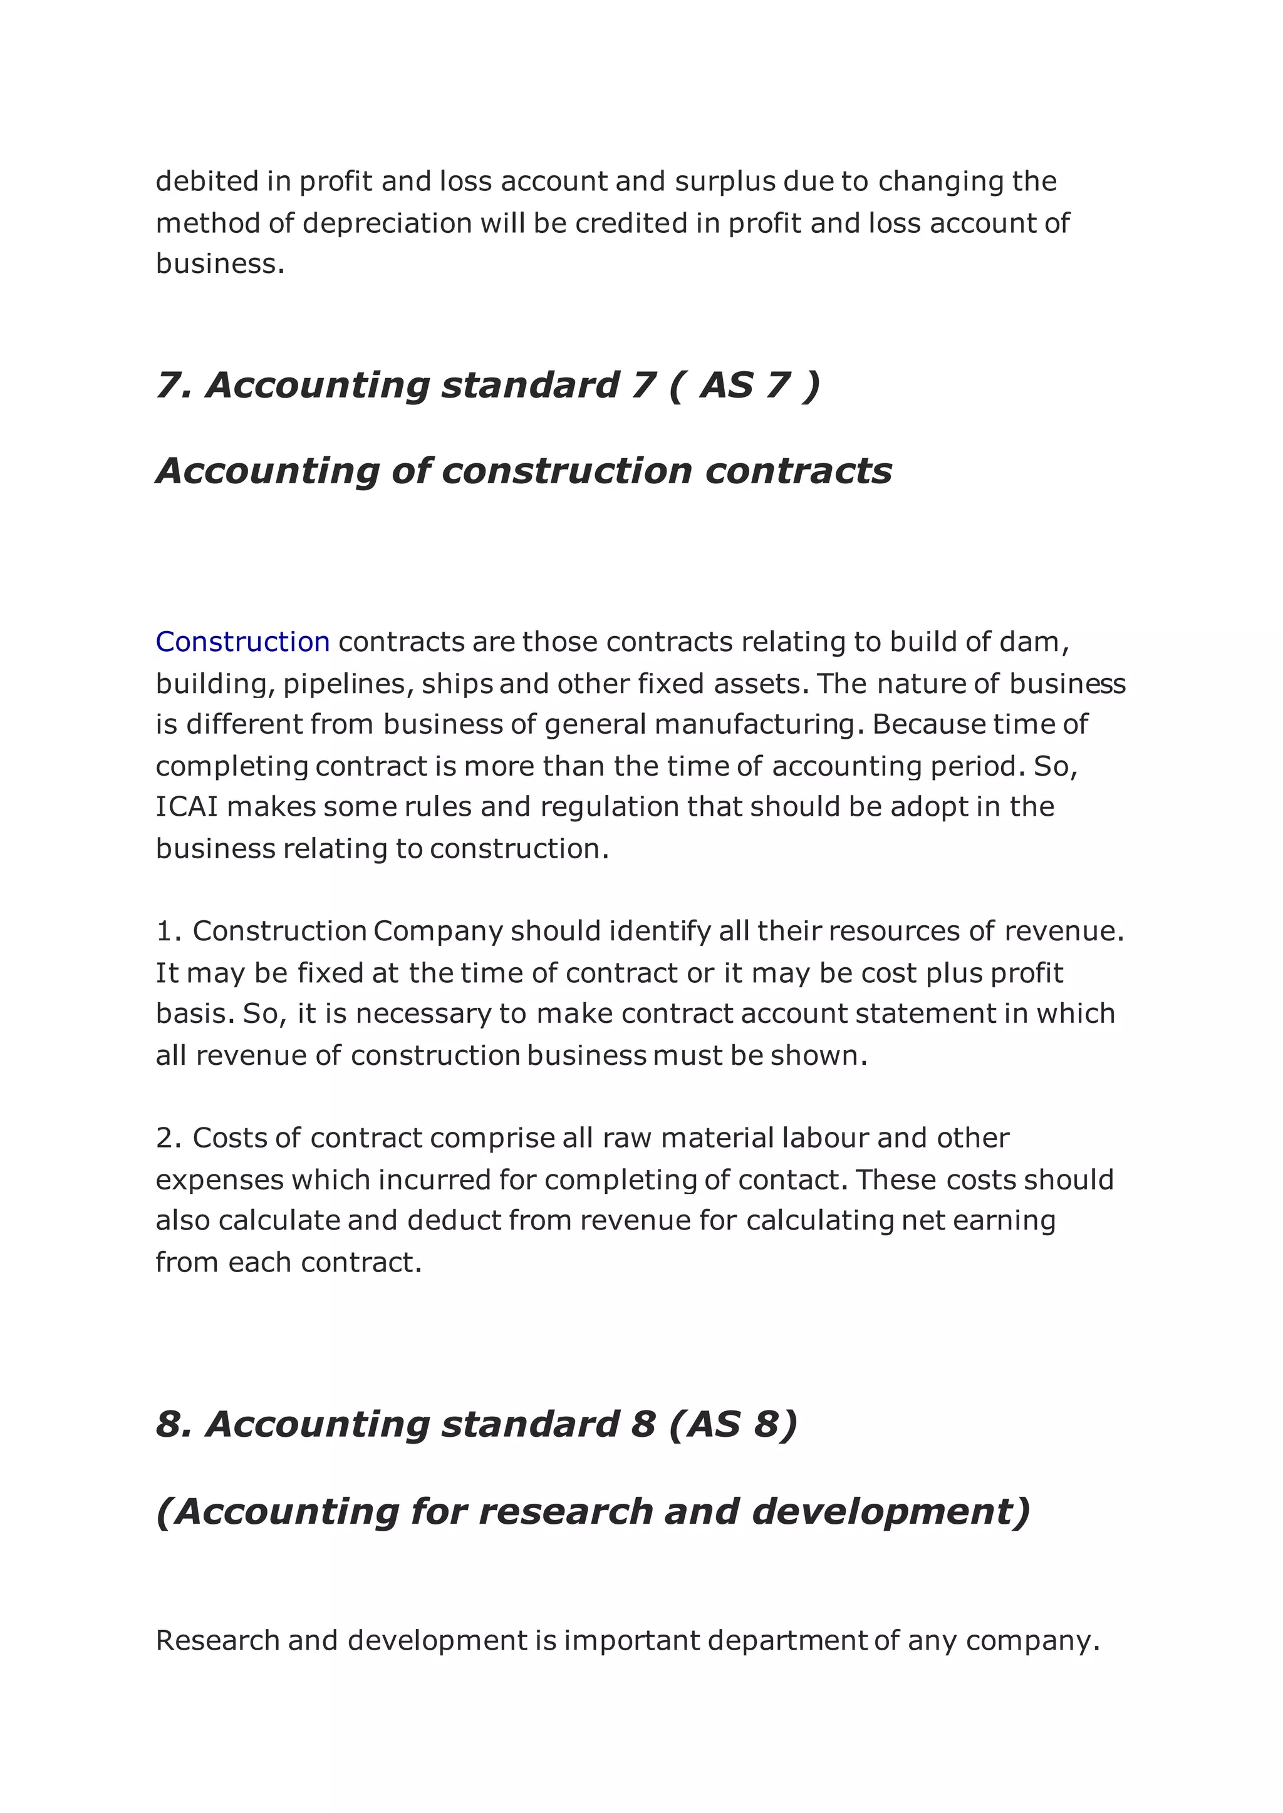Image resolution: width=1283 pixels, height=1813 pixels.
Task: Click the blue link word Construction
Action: [242, 642]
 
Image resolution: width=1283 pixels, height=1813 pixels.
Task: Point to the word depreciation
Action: [387, 223]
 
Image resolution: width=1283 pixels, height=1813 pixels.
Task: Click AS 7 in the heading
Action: [744, 386]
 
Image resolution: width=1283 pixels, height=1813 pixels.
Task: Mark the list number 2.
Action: [169, 1138]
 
